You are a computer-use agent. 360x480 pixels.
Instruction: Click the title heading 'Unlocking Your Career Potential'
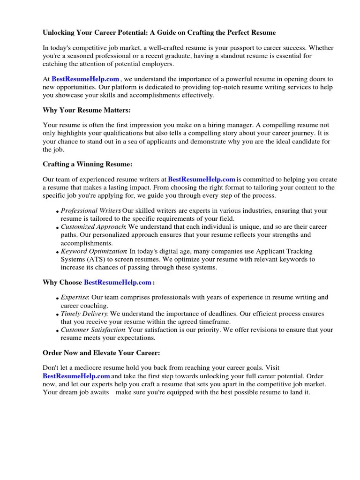tap(159, 32)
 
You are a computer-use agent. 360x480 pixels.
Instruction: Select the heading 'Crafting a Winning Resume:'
tap(88, 165)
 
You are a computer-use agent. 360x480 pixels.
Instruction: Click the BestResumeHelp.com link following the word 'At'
tap(85, 79)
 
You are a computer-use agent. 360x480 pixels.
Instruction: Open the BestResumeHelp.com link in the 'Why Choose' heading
tap(118, 282)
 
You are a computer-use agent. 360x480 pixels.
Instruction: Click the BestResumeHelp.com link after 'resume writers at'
tap(202, 179)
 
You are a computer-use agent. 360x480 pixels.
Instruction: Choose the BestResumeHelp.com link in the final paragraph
tap(76, 376)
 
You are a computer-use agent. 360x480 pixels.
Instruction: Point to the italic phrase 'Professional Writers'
tap(91, 210)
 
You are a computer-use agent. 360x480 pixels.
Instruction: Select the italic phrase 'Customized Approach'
tap(92, 227)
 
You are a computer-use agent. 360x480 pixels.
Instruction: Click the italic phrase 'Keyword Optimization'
tap(94, 252)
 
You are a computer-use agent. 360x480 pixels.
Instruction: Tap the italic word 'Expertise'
tap(75, 297)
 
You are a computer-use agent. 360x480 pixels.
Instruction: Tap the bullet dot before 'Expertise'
tap(58, 299)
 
